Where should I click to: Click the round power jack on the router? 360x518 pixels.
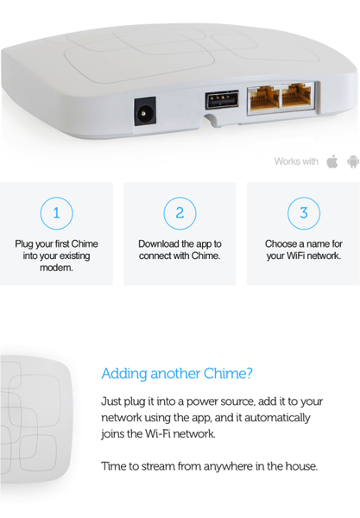[x=145, y=111]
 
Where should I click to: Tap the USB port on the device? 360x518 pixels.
[x=222, y=99]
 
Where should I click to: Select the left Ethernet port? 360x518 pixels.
[x=264, y=98]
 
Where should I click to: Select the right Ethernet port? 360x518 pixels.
[x=296, y=96]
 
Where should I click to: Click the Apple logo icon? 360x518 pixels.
[x=332, y=161]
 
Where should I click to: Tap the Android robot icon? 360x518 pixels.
[x=353, y=161]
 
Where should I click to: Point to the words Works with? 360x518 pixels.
[x=296, y=161]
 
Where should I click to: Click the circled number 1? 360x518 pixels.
[x=56, y=213]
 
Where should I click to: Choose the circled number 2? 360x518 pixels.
[x=180, y=213]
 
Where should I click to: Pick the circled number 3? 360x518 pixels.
[x=304, y=213]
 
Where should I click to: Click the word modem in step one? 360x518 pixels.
[x=56, y=268]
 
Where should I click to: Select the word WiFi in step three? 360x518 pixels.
[x=294, y=256]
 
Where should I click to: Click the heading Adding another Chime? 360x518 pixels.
[x=177, y=374]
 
